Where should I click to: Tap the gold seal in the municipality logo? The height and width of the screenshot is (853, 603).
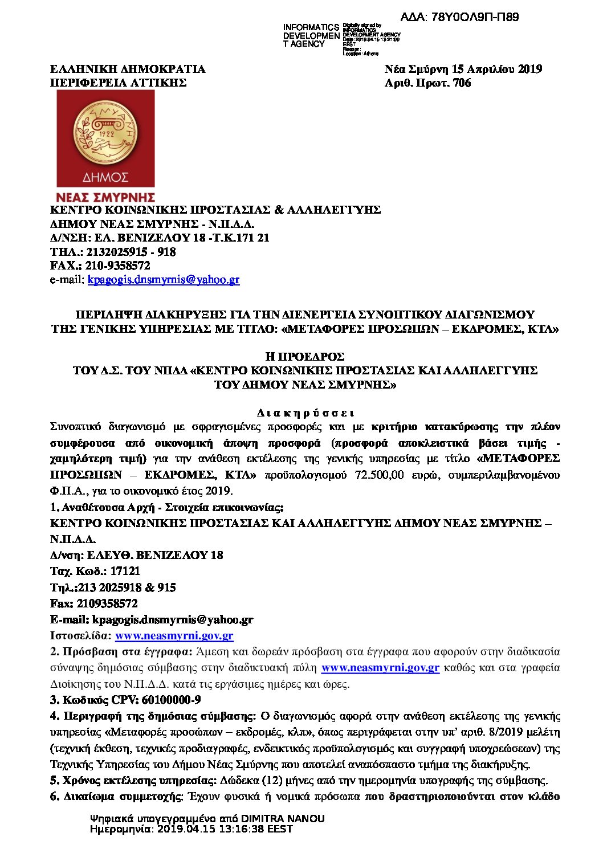pyautogui.click(x=105, y=133)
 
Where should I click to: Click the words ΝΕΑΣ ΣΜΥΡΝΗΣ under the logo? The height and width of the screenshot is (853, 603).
pyautogui.click(x=105, y=197)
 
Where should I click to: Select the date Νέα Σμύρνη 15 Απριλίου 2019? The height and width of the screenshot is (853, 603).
pyautogui.click(x=463, y=70)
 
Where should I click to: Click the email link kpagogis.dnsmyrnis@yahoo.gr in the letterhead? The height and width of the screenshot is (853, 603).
pyautogui.click(x=164, y=280)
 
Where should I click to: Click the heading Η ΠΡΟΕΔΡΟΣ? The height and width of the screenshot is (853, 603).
pyautogui.click(x=305, y=357)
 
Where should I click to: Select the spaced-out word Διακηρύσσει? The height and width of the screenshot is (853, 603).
pyautogui.click(x=305, y=413)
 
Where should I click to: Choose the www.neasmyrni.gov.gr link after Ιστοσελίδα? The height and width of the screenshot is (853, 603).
pyautogui.click(x=174, y=636)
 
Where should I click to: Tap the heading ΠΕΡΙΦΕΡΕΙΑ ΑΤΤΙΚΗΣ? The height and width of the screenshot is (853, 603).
pyautogui.click(x=119, y=83)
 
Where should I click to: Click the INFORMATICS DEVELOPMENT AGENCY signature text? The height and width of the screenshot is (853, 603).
pyautogui.click(x=311, y=35)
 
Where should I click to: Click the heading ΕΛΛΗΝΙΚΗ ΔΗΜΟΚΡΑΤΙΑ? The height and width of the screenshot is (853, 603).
pyautogui.click(x=128, y=70)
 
